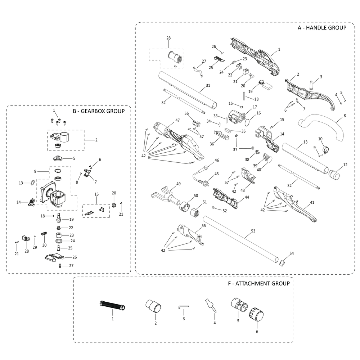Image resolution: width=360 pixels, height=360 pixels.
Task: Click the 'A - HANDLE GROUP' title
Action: click(321, 28)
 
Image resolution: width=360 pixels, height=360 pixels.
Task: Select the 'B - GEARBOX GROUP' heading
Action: click(99, 111)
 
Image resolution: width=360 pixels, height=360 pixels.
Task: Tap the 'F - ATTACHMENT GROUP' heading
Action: click(259, 283)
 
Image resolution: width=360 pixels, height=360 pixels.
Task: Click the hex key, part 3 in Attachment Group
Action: click(183, 307)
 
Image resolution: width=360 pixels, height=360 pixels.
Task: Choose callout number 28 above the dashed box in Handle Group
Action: click(168, 38)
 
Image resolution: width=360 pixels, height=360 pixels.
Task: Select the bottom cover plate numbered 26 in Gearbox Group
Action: click(55, 258)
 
